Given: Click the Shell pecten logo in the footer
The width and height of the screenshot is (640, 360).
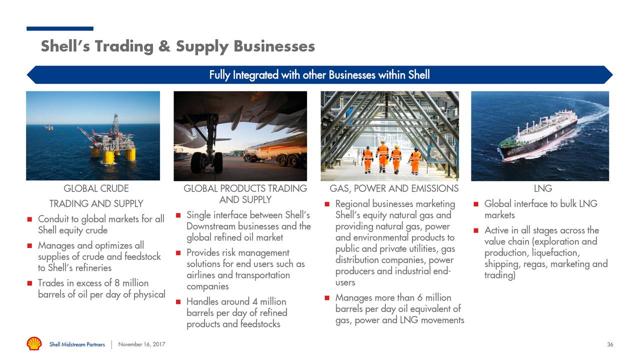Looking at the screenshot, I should pyautogui.click(x=34, y=344).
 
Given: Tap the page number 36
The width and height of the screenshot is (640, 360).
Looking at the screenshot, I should pyautogui.click(x=610, y=344).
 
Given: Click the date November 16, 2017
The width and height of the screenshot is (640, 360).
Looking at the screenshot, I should pyautogui.click(x=141, y=344).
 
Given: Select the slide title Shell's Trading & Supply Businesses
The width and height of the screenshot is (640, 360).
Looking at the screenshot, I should pyautogui.click(x=177, y=46).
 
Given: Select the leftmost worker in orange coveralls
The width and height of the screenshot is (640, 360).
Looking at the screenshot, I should pyautogui.click(x=367, y=158).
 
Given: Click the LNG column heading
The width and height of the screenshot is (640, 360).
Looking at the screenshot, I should pyautogui.click(x=542, y=188).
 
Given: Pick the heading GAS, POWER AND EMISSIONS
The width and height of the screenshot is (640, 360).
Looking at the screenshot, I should pyautogui.click(x=394, y=188).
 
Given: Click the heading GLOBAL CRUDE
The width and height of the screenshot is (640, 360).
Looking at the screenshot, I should pyautogui.click(x=96, y=188).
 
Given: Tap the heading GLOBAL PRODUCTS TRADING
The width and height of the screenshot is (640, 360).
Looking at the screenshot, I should pyautogui.click(x=245, y=188).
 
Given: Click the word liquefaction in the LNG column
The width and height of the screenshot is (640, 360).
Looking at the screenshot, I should pyautogui.click(x=553, y=253).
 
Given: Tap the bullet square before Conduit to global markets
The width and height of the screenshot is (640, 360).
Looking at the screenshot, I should pyautogui.click(x=30, y=219).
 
